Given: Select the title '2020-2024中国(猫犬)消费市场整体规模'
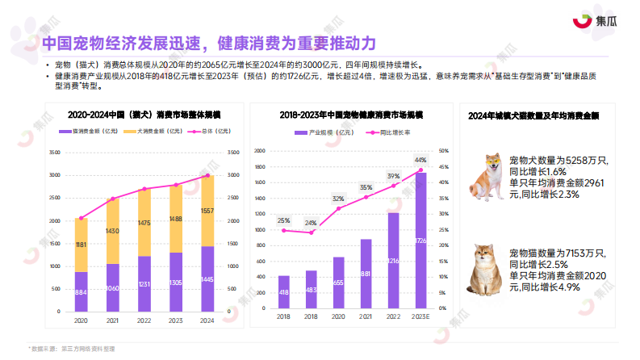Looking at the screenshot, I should pyautogui.click(x=144, y=115).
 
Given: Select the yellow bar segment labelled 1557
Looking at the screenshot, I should pyautogui.click(x=207, y=211).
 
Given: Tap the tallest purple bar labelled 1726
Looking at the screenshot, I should pyautogui.click(x=420, y=240).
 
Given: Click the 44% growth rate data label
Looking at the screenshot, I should pyautogui.click(x=420, y=160).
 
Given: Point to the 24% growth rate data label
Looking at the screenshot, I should pyautogui.click(x=311, y=222).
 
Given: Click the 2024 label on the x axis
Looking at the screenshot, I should pyautogui.click(x=207, y=320).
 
